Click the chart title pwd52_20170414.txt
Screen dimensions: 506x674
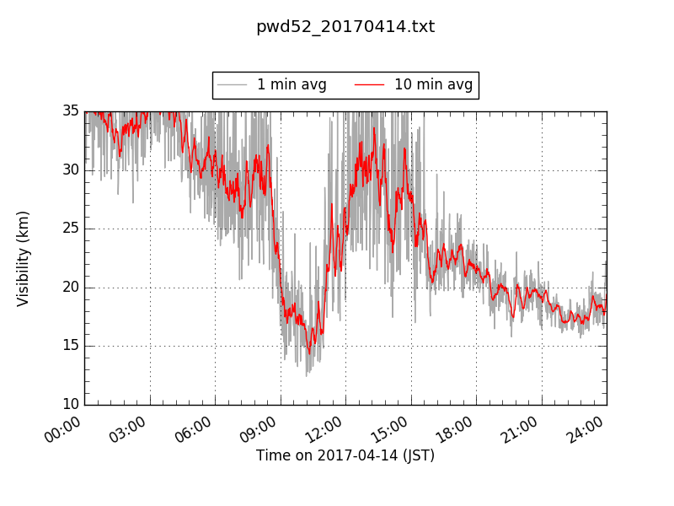click(x=345, y=27)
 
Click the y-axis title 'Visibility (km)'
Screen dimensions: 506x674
click(x=24, y=258)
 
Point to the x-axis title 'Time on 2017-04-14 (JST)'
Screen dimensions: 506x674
click(x=345, y=455)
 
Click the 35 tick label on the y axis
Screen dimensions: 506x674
click(x=70, y=111)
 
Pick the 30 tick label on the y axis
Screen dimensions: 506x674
click(x=70, y=170)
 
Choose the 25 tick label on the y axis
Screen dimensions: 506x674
click(x=70, y=229)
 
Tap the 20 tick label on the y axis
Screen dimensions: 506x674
click(x=70, y=288)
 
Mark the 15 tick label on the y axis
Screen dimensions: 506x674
click(x=70, y=346)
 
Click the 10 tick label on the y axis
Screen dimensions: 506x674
click(x=70, y=405)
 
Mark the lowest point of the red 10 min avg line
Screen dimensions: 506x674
click(x=309, y=353)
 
